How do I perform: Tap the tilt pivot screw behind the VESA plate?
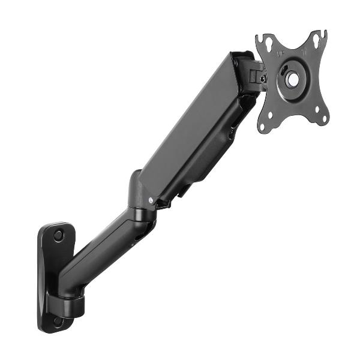point(262,79)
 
